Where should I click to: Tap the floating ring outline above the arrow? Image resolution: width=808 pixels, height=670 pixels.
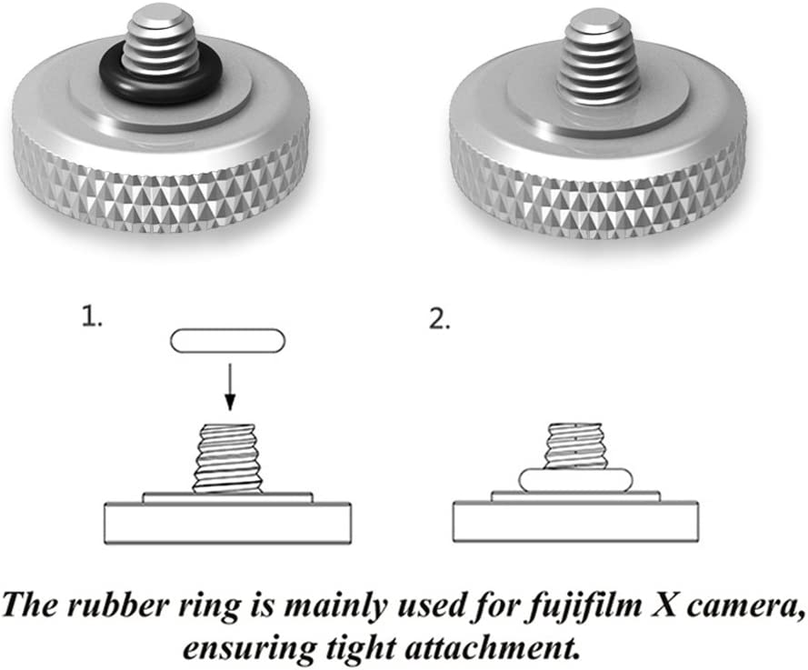[x=228, y=341]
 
